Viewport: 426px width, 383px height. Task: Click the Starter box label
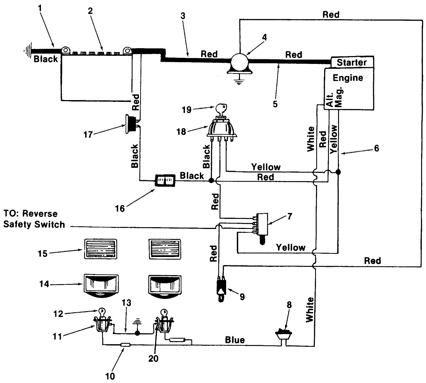(351, 62)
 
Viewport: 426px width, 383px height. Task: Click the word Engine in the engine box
(348, 78)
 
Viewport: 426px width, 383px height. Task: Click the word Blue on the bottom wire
(235, 340)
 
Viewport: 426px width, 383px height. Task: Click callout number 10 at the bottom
(110, 376)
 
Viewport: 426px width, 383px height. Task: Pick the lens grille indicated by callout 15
(100, 249)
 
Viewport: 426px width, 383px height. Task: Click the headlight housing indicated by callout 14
(101, 285)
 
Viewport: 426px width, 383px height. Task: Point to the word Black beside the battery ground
(45, 59)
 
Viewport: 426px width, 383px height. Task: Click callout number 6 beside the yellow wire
(376, 148)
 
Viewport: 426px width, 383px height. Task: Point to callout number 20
(153, 359)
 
